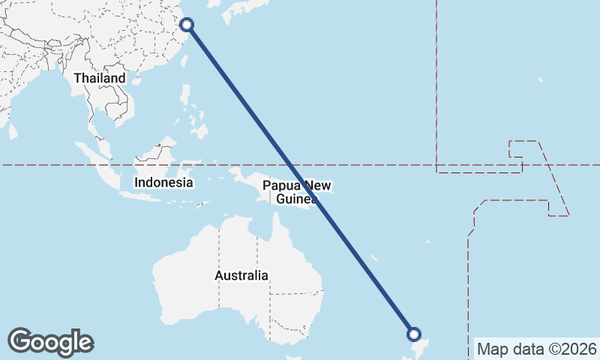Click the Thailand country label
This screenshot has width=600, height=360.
[99, 78]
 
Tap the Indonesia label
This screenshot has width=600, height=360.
[163, 182]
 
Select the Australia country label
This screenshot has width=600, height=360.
[241, 275]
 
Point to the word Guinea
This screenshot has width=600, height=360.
[296, 199]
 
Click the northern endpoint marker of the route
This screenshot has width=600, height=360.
[187, 25]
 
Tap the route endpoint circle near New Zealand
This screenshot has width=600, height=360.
[413, 334]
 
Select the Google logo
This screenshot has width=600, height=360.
[50, 342]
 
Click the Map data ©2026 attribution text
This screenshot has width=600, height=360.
[537, 349]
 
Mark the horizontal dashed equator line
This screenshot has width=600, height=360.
[375, 165]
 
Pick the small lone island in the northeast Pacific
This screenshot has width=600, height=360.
[541, 79]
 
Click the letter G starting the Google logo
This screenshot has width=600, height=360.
[19, 341]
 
